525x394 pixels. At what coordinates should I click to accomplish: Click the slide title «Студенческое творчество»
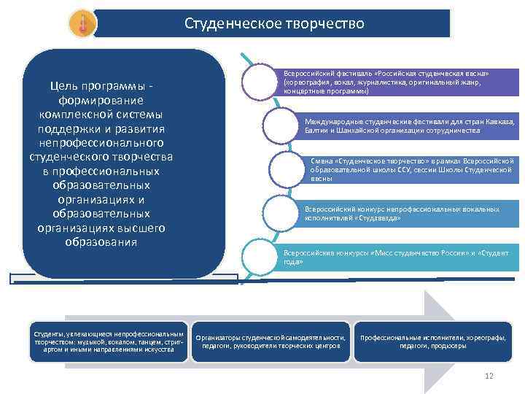click(x=273, y=25)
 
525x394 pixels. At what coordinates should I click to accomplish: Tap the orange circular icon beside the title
click(x=82, y=24)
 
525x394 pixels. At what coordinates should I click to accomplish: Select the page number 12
click(x=489, y=376)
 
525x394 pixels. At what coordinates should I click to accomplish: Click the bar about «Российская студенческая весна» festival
click(x=397, y=83)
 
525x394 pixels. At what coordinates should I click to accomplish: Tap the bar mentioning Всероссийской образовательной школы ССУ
click(x=412, y=169)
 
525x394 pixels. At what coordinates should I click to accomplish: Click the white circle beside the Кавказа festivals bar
click(x=280, y=125)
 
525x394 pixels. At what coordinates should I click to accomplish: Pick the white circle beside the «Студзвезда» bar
click(x=280, y=212)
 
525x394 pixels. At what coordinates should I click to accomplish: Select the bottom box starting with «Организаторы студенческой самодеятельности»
click(x=271, y=341)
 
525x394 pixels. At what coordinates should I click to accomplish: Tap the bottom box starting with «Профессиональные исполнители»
click(x=433, y=341)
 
